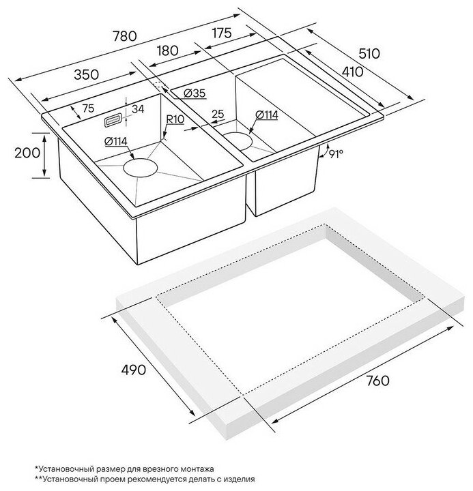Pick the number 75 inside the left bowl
coord(88,108)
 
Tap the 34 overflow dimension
coord(137,108)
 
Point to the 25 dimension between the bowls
coord(218,113)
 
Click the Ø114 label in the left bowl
coord(118,142)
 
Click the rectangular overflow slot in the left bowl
coord(111,121)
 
